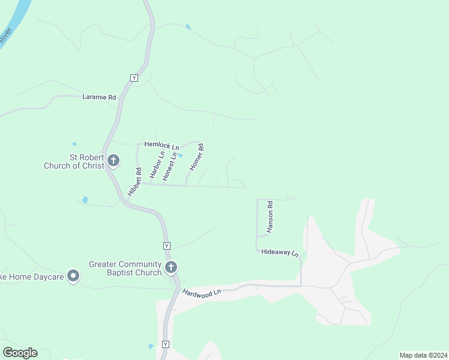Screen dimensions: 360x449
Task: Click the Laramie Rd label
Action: coord(99,97)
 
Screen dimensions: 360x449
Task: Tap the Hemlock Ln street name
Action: coord(161,146)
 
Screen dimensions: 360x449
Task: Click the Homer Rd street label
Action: coord(197,157)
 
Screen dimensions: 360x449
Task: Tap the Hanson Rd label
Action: coord(270,217)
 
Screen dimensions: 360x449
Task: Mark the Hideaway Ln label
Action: coord(280,253)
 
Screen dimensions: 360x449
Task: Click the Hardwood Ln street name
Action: coord(202,292)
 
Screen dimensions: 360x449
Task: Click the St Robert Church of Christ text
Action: coord(74,161)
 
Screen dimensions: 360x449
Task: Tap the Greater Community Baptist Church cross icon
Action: coord(171,268)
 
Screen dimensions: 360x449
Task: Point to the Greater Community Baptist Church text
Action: coord(125,268)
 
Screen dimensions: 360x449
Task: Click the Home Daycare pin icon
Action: coord(73,275)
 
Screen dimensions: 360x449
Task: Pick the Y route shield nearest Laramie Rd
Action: coord(134,78)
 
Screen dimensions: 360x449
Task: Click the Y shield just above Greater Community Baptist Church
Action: coord(167,246)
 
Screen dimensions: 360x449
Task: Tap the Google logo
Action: coord(20,353)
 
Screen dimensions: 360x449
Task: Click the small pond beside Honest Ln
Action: coord(180,156)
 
